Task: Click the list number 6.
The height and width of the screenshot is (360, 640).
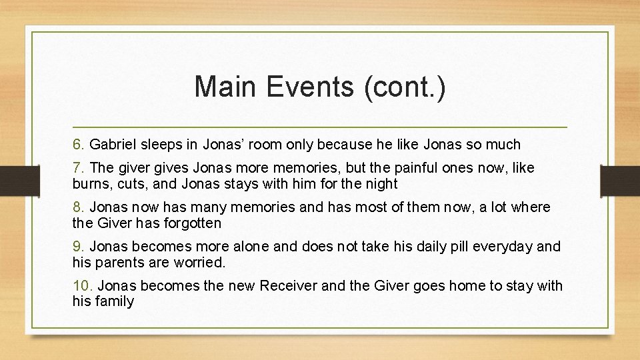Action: tap(79, 144)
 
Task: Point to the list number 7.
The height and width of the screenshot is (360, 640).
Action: tap(79, 168)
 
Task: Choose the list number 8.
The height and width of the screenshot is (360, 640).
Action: tap(79, 207)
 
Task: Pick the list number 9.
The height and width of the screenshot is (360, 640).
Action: tap(79, 247)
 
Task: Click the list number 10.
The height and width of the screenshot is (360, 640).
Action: tap(83, 286)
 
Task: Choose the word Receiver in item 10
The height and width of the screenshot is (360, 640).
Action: tap(287, 286)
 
